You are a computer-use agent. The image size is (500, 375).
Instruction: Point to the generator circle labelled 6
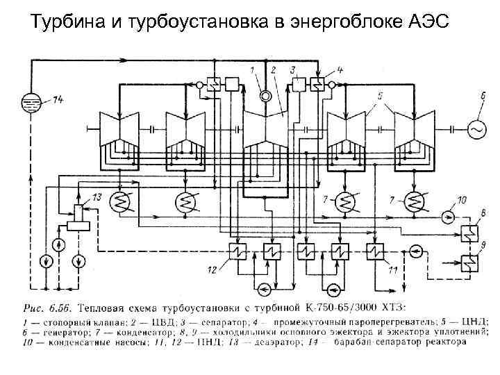pyautogui.click(x=477, y=129)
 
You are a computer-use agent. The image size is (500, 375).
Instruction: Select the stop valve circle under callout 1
pyautogui.click(x=264, y=95)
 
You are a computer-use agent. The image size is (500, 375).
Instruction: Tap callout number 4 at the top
pyautogui.click(x=340, y=69)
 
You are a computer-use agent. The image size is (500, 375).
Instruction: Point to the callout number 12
pyautogui.click(x=212, y=269)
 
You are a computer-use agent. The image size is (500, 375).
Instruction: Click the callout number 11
pyautogui.click(x=394, y=269)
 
